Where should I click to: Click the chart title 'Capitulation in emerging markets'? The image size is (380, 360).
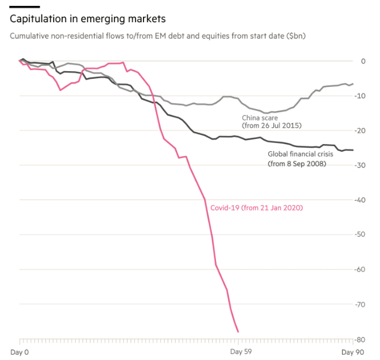click(x=88, y=19)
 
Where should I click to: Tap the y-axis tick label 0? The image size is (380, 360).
click(x=363, y=61)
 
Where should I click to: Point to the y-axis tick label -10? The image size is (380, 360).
click(x=362, y=96)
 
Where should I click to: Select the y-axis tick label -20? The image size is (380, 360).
click(x=362, y=131)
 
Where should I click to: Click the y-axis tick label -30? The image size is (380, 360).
click(x=362, y=165)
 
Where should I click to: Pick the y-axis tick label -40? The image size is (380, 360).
click(x=362, y=200)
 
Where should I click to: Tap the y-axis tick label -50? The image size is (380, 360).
click(x=362, y=235)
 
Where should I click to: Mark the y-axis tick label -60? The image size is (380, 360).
click(x=362, y=270)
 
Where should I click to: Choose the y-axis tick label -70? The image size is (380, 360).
click(x=362, y=304)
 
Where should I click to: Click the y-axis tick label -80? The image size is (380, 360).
click(x=362, y=339)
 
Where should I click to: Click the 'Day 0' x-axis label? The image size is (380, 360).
click(x=19, y=352)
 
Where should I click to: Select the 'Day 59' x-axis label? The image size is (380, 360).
click(x=240, y=352)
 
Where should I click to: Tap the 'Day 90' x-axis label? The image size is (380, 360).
click(x=352, y=352)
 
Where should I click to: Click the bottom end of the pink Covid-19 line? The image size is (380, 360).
click(x=238, y=332)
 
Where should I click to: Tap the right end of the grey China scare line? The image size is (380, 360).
click(x=353, y=83)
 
